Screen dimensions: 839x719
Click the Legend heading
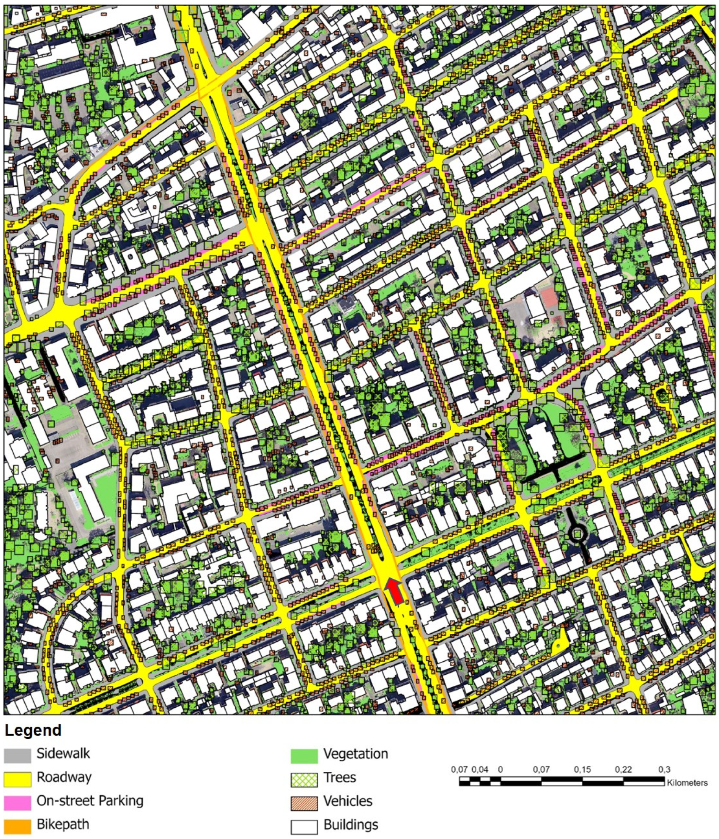(33, 730)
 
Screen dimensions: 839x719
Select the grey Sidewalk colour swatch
(17, 755)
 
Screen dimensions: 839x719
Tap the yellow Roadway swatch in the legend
(17, 779)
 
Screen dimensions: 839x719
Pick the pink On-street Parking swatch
(17, 803)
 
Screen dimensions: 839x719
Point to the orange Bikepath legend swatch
(17, 826)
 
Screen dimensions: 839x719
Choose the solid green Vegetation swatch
(304, 756)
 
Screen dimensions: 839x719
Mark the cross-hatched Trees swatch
(304, 779)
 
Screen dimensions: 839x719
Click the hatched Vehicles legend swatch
(304, 803)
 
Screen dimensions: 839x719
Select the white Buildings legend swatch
(304, 826)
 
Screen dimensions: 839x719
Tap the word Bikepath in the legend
(63, 825)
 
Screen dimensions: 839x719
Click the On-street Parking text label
(90, 801)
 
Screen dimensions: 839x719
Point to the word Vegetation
(356, 754)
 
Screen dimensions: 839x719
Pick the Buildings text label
(351, 825)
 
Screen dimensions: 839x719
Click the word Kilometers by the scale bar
(687, 783)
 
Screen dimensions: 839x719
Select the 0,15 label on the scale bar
(582, 769)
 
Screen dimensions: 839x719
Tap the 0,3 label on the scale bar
(664, 769)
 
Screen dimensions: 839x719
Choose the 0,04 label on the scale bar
(481, 769)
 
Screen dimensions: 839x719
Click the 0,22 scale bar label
(623, 769)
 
